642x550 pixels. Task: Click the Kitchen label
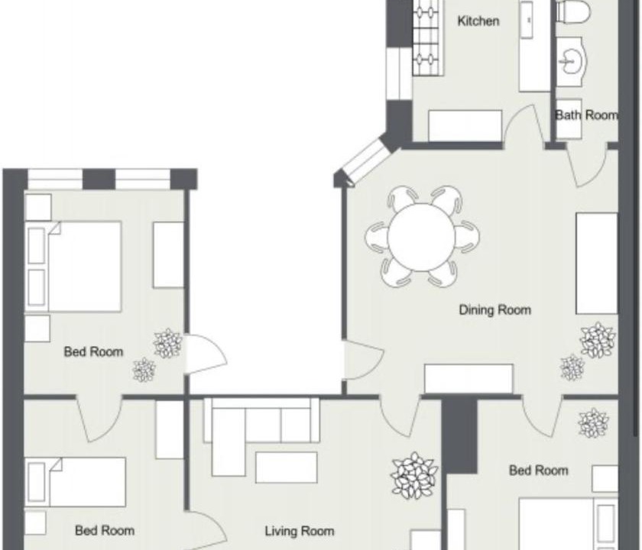(478, 21)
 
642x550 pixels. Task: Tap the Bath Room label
(586, 115)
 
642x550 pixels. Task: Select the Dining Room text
(495, 310)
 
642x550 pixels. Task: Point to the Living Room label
(300, 531)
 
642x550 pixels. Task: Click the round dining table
(421, 238)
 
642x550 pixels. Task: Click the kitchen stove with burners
(428, 37)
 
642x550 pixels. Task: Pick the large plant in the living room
(414, 475)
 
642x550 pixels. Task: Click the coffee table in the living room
(286, 467)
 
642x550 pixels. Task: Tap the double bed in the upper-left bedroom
(73, 267)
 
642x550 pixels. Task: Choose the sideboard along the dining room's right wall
(597, 264)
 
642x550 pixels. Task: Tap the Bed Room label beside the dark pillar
(538, 471)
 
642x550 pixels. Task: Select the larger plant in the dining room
(598, 341)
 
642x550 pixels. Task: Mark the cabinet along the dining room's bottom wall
(469, 379)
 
